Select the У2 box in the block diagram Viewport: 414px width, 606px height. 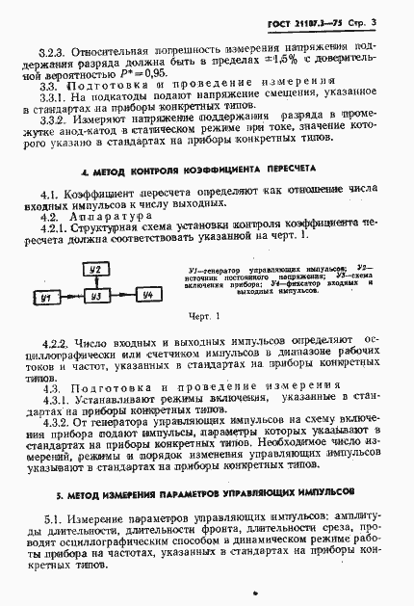click(x=95, y=273)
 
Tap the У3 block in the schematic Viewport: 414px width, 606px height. click(x=95, y=300)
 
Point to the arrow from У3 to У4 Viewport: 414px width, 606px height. click(x=120, y=300)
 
